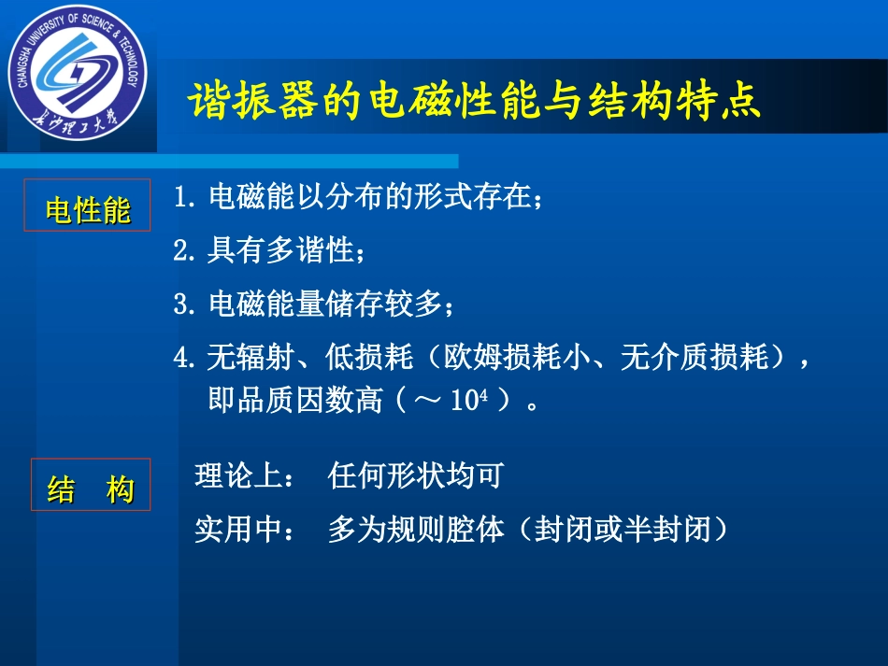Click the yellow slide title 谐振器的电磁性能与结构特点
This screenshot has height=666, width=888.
(475, 102)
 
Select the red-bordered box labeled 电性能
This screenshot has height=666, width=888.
(88, 205)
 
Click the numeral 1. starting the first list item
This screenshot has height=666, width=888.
(184, 198)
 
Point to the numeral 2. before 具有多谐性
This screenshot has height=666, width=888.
(184, 250)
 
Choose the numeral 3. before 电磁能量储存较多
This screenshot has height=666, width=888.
(184, 304)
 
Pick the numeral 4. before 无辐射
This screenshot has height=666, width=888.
(184, 358)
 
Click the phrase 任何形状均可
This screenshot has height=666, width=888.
(416, 476)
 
